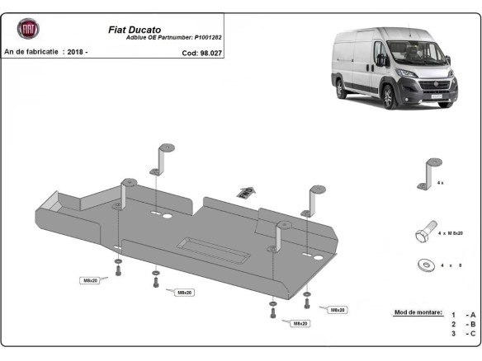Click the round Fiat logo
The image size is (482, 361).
tap(28, 30)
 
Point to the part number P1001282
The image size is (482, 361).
tap(213, 38)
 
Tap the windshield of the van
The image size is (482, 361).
tap(408, 52)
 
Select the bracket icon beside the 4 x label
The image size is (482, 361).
tap(429, 174)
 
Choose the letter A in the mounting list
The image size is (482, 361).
tap(473, 315)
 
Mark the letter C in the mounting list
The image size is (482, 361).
tap(473, 333)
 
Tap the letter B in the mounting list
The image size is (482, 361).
tap(473, 324)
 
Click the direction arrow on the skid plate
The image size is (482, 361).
tap(245, 191)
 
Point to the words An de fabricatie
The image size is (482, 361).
tap(31, 52)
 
